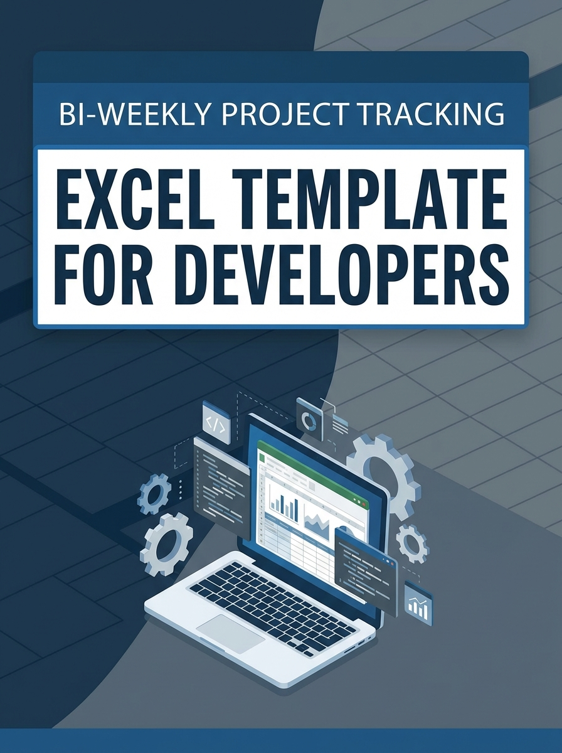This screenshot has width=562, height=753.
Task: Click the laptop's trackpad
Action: (x=231, y=634)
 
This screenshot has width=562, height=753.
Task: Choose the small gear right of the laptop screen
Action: (x=412, y=542)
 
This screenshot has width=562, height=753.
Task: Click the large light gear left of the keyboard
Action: (x=167, y=543)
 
